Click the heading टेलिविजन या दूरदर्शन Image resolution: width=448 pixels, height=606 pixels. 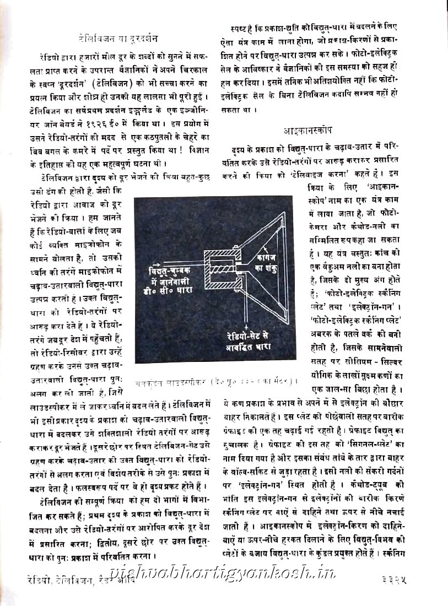coord(118,39)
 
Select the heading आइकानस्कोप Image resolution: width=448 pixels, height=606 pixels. coord(309,131)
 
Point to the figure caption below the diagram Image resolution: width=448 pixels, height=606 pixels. coord(215,380)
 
